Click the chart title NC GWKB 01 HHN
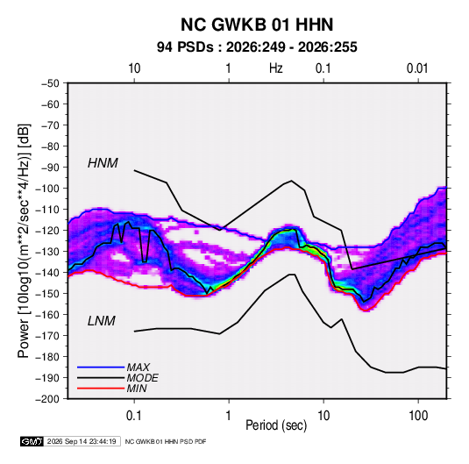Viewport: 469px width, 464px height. pyautogui.click(x=257, y=25)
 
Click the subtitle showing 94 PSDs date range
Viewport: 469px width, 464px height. pyautogui.click(x=257, y=47)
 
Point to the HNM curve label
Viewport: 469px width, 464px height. pyautogui.click(x=103, y=163)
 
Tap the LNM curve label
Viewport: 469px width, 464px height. pyautogui.click(x=102, y=321)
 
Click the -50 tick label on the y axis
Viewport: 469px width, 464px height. pyautogui.click(x=50, y=83)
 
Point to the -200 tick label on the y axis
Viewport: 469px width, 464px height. pyautogui.click(x=48, y=399)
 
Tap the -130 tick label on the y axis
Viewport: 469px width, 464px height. pyautogui.click(x=48, y=252)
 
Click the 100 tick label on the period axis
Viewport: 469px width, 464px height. pyautogui.click(x=418, y=415)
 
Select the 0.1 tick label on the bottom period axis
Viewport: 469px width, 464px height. pyautogui.click(x=134, y=415)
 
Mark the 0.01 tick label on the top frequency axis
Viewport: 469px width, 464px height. pyautogui.click(x=417, y=68)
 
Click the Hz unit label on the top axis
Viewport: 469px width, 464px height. pyautogui.click(x=276, y=68)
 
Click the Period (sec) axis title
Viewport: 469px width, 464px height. pyautogui.click(x=276, y=425)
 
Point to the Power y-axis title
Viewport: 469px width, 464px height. pyautogui.click(x=24, y=241)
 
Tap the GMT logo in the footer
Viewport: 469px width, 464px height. pyautogui.click(x=32, y=441)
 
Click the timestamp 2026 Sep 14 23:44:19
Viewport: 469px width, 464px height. pyautogui.click(x=82, y=441)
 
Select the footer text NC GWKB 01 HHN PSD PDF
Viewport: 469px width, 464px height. pyautogui.click(x=166, y=441)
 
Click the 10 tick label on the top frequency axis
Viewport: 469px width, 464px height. pyautogui.click(x=134, y=68)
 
